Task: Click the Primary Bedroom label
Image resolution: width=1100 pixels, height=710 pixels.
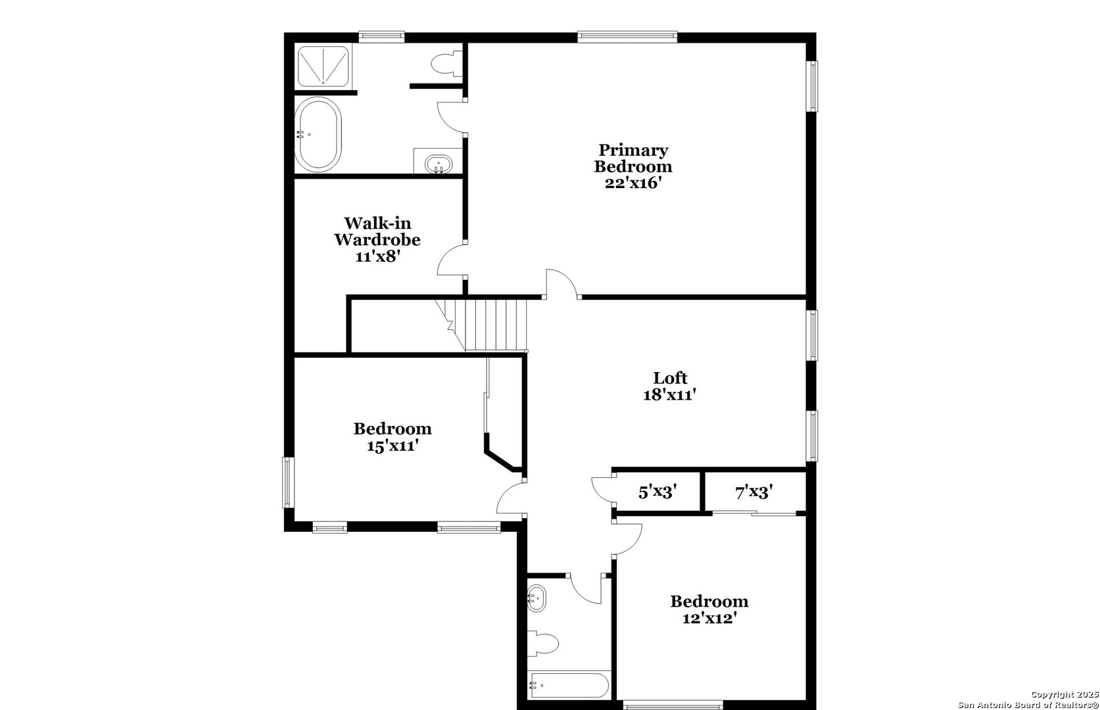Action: pos(633,158)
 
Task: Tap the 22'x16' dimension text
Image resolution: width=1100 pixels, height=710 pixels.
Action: pos(633,183)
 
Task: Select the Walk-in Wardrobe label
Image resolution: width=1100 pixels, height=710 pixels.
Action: pos(377,231)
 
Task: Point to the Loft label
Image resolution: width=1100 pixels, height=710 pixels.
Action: pos(669,378)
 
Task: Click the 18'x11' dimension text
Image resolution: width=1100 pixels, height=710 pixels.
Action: pos(669,395)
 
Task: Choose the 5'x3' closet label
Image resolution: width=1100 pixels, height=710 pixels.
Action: pos(657,492)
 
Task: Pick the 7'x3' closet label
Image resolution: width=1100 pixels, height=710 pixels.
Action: pos(753,492)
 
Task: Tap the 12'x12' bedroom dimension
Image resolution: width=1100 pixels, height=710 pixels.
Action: pos(708,619)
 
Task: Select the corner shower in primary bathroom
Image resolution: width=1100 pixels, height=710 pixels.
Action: pos(323,65)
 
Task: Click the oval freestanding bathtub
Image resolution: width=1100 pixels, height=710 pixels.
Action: pos(318,134)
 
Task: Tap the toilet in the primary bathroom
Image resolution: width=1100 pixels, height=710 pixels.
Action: pos(445,64)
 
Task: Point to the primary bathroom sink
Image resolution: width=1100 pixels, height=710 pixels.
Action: pos(438,163)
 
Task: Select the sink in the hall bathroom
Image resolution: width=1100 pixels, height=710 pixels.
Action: pos(537,598)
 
